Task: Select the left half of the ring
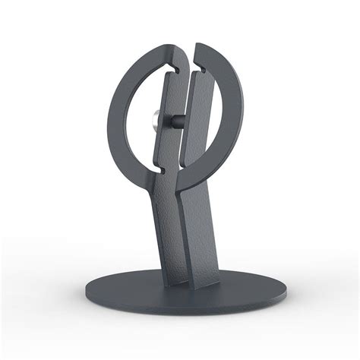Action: point(122,114)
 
